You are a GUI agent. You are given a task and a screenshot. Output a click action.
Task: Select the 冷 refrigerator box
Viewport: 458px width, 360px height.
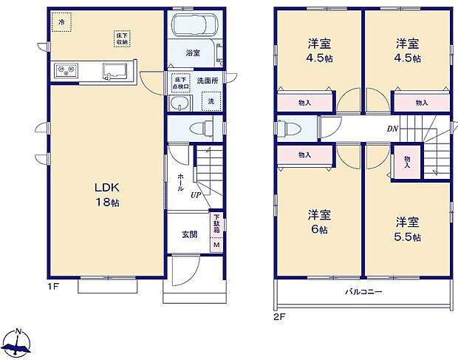click(61, 22)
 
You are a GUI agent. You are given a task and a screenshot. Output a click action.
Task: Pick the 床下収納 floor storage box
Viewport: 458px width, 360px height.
click(121, 38)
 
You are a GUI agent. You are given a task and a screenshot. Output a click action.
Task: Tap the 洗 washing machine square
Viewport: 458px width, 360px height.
click(211, 101)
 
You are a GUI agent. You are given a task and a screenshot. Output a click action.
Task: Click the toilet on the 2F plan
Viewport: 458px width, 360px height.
click(290, 129)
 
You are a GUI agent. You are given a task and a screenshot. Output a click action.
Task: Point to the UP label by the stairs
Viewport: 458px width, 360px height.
click(196, 194)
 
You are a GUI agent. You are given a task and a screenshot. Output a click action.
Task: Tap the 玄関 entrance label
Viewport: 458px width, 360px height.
click(189, 235)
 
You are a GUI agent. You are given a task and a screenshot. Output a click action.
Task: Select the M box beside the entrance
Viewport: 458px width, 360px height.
click(216, 245)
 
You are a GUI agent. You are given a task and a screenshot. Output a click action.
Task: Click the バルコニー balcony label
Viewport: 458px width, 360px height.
click(363, 292)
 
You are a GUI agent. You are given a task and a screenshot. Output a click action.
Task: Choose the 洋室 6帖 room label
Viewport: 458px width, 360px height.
click(320, 222)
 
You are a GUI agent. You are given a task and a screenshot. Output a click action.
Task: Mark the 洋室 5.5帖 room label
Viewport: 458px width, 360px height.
click(407, 228)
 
